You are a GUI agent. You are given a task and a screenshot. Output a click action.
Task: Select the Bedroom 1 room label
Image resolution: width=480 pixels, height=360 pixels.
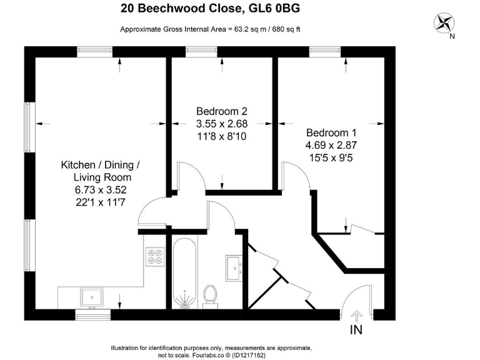[x=331, y=133]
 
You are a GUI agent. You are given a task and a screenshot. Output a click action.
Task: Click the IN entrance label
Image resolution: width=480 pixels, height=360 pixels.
[x=356, y=329]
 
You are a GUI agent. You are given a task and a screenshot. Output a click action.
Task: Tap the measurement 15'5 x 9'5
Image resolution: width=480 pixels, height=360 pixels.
[x=331, y=157]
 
